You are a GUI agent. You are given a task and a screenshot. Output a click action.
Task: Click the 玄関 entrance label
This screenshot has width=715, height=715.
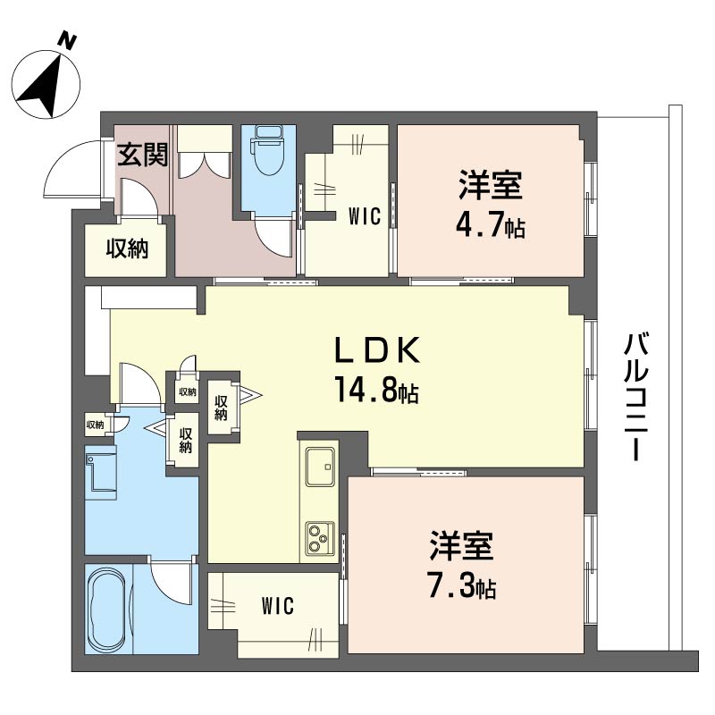tap(143, 155)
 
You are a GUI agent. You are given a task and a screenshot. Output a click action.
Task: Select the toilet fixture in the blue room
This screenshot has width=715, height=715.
tap(269, 150)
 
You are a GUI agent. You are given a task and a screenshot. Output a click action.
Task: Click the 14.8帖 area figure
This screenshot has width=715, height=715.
tap(376, 390)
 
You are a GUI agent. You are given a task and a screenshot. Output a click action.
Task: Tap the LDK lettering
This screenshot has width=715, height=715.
tap(376, 350)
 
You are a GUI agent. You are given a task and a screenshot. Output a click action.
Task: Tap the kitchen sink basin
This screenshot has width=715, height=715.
tap(320, 466)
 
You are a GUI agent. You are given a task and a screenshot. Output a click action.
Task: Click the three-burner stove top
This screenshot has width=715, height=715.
tap(320, 538)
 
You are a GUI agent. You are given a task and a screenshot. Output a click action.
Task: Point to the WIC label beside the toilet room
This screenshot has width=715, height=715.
tap(365, 216)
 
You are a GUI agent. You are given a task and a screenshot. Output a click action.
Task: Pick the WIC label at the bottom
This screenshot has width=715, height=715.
tap(278, 606)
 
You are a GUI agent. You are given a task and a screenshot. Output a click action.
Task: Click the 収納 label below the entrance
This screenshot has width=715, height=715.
tap(127, 248)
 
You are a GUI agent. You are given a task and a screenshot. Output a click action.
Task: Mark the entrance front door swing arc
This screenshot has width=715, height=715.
tap(72, 167)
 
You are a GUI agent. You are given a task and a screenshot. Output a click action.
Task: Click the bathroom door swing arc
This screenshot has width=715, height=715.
tap(170, 585)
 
